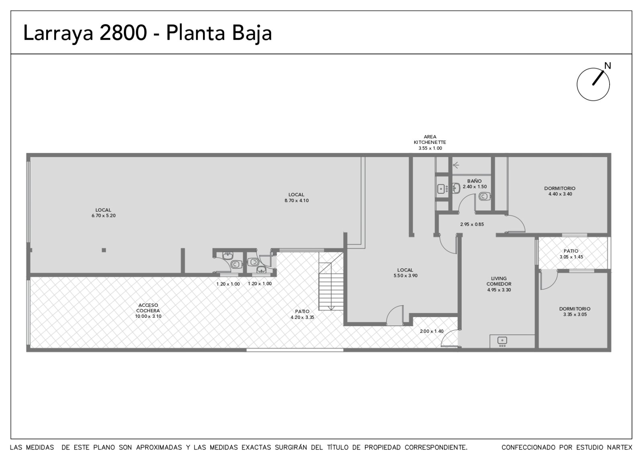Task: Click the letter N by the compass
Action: (x=607, y=66)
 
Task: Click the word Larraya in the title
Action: (x=58, y=34)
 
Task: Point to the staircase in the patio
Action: (x=331, y=282)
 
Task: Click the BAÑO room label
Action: (x=475, y=181)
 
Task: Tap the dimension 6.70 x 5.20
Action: (x=104, y=215)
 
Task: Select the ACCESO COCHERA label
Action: (x=148, y=308)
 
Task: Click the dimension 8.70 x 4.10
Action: (x=297, y=200)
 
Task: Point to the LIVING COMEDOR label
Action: (x=499, y=281)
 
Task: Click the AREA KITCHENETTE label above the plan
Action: (x=430, y=139)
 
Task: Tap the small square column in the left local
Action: (x=104, y=250)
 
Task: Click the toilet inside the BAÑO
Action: (x=485, y=196)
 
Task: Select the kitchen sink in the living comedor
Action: (x=502, y=341)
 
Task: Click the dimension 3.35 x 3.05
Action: (x=575, y=314)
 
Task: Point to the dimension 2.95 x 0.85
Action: (x=472, y=225)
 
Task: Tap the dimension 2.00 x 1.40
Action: (x=432, y=331)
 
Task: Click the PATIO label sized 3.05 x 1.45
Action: (x=571, y=251)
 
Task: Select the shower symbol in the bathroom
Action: (x=456, y=165)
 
